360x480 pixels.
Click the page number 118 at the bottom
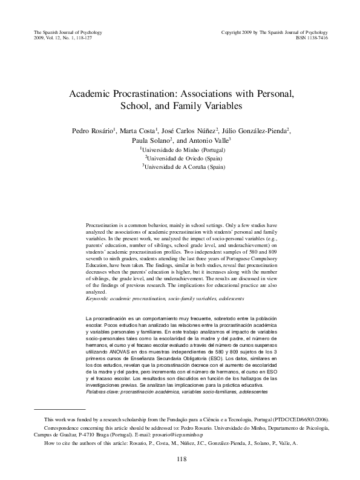[180, 459]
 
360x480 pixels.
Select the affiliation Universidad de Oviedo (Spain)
[181, 157]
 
